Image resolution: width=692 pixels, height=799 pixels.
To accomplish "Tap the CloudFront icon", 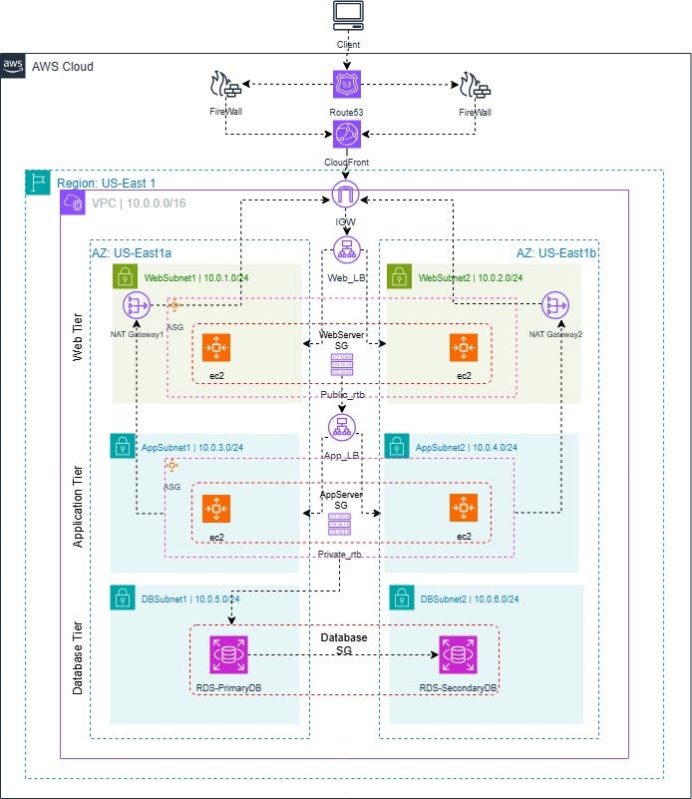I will coord(346,135).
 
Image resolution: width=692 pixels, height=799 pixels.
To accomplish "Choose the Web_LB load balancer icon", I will coord(346,251).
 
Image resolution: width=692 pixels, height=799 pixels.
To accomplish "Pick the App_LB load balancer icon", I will coord(343,426).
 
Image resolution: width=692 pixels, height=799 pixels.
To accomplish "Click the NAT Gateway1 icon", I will coord(136,306).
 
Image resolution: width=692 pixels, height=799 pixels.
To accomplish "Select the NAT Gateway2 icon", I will coord(555,306).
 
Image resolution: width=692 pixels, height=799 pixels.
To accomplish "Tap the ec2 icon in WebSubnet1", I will coord(216,348).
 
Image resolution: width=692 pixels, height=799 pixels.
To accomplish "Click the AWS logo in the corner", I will coord(13,65).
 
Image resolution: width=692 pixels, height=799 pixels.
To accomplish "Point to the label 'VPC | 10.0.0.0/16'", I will coord(136,202).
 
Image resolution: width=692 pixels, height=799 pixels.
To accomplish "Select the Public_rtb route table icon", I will coord(341,366).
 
